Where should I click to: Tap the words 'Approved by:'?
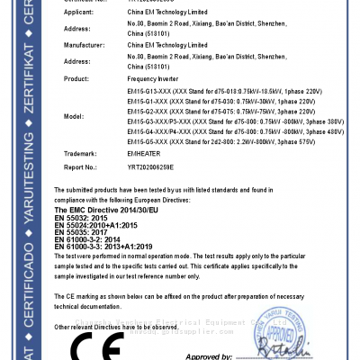pos(208,356)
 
